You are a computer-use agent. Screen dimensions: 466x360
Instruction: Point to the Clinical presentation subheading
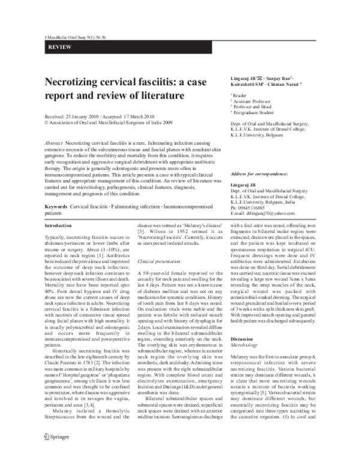158,262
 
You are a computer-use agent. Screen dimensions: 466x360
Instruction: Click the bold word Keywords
56,207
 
